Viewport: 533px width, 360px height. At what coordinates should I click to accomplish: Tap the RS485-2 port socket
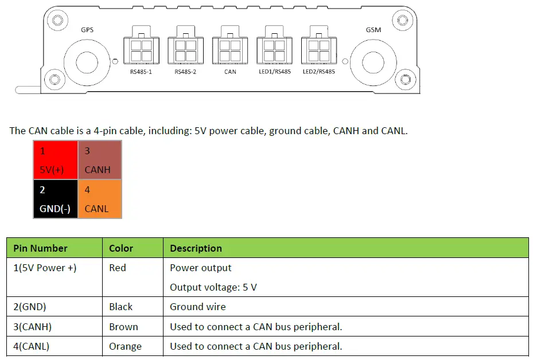[185, 49]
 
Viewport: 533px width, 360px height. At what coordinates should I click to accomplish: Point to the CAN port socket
[230, 49]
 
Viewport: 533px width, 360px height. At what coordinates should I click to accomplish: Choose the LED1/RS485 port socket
[274, 49]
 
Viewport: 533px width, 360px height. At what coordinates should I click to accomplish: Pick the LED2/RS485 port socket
[318, 49]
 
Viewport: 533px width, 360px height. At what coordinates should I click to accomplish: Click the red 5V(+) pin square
[56, 160]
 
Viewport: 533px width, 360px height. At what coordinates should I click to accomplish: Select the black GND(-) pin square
[56, 199]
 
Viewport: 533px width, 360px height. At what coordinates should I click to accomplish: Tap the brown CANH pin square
[100, 160]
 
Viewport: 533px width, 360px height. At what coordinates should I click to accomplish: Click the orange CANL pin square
[100, 199]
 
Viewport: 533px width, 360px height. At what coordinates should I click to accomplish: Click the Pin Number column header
[40, 248]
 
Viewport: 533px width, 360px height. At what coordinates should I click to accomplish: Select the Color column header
[121, 248]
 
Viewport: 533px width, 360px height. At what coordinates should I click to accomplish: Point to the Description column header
[196, 248]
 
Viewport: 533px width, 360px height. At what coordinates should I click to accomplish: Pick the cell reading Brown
[123, 327]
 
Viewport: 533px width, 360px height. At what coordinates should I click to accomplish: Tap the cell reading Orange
[125, 346]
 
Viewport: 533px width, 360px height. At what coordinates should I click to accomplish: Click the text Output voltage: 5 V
[213, 287]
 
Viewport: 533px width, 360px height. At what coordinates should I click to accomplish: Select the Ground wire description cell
[198, 307]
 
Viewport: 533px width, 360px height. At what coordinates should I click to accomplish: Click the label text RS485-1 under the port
[141, 72]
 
